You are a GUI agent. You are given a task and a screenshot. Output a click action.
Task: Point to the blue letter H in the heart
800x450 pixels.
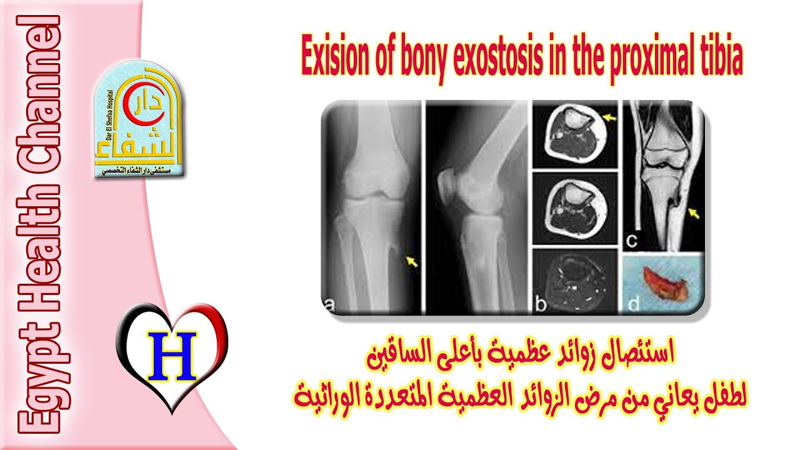click(172, 354)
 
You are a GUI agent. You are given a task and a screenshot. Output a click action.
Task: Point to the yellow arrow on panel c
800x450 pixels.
click(693, 214)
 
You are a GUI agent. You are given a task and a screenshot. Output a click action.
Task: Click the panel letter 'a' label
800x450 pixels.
click(329, 304)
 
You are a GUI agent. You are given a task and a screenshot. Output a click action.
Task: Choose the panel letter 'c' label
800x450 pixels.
click(633, 238)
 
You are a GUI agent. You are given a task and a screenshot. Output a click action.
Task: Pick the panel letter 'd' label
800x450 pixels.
click(632, 304)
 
